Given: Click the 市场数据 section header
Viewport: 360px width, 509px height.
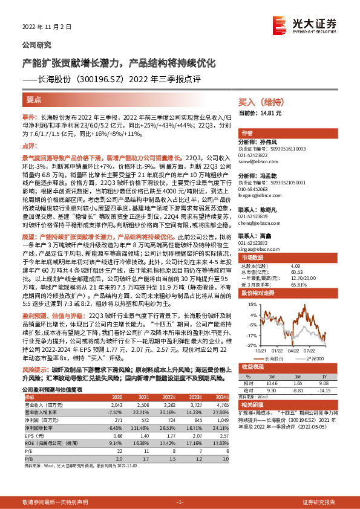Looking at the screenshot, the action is [x=254, y=257].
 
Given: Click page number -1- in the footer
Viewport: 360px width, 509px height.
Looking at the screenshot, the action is [x=180, y=502].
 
